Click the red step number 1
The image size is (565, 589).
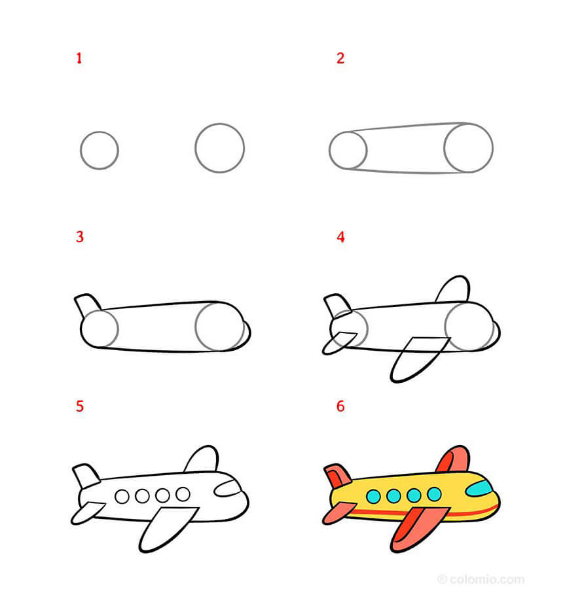pyautogui.click(x=79, y=58)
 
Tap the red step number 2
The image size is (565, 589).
pyautogui.click(x=340, y=58)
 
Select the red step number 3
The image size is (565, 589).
pyautogui.click(x=79, y=236)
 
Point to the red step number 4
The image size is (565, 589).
pyautogui.click(x=340, y=236)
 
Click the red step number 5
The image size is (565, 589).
pyautogui.click(x=79, y=406)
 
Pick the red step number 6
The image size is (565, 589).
pyautogui.click(x=340, y=406)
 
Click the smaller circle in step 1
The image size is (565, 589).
pyautogui.click(x=100, y=151)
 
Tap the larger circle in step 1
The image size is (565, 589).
pyautogui.click(x=219, y=148)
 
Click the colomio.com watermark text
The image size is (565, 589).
pyautogui.click(x=485, y=579)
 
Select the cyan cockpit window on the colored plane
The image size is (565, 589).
pyautogui.click(x=479, y=488)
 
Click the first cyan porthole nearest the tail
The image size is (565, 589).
pyautogui.click(x=373, y=495)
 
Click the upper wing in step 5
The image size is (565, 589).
pyautogui.click(x=202, y=460)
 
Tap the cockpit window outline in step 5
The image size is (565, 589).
pyautogui.click(x=228, y=487)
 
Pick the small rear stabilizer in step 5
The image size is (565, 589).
pyautogui.click(x=86, y=512)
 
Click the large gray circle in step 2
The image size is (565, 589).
pyautogui.click(x=468, y=148)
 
